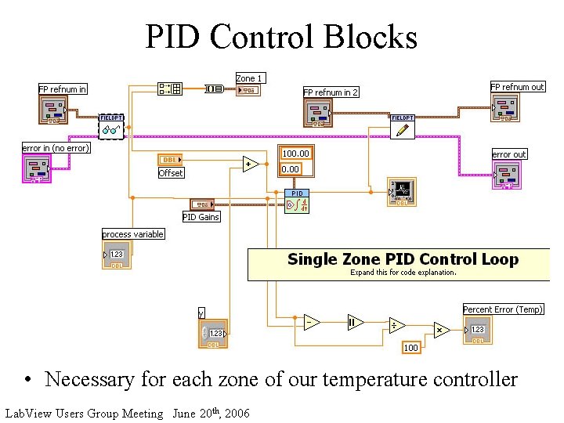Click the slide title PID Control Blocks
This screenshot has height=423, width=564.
[281, 37]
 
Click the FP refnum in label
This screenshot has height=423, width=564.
[63, 89]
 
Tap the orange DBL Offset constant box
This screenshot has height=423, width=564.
[170, 160]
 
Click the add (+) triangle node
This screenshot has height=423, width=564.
[250, 164]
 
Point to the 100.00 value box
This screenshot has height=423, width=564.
[295, 154]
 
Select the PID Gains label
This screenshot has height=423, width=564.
[201, 217]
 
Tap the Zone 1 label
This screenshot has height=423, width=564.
[249, 78]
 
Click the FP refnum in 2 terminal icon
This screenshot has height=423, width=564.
[319, 112]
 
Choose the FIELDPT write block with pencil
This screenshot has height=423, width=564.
[402, 127]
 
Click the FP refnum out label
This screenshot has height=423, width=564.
[517, 87]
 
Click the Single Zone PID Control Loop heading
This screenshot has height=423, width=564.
[403, 259]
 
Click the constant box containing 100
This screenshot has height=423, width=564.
[410, 347]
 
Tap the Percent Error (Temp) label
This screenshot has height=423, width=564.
[503, 309]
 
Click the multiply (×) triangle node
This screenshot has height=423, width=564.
[439, 330]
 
